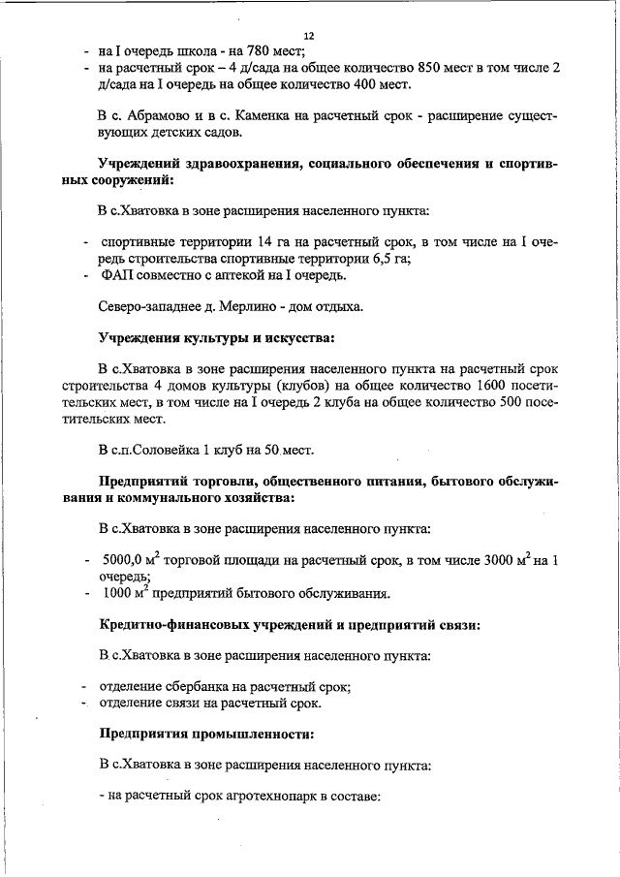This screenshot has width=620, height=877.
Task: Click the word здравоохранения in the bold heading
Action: click(239, 164)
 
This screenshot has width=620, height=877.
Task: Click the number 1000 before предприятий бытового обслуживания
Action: click(115, 593)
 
